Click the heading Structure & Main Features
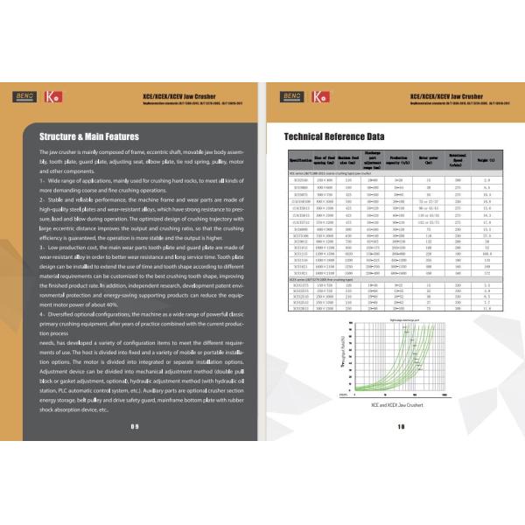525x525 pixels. click(90, 136)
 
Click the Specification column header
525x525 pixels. click(301, 161)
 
